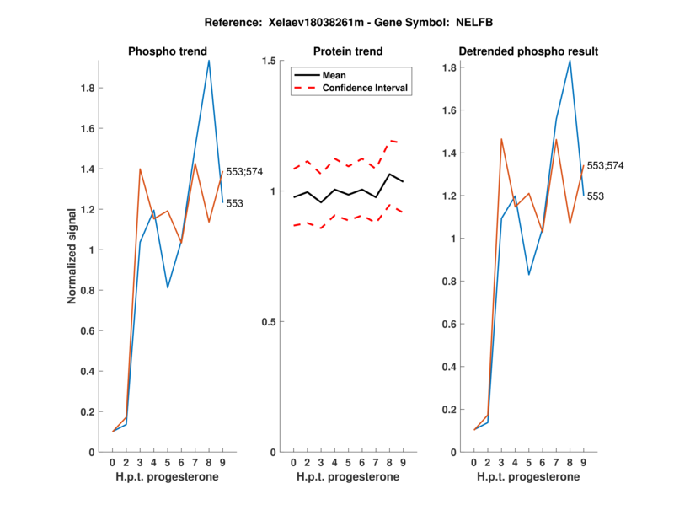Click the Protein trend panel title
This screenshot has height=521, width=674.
click(347, 51)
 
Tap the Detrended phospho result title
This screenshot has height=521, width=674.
click(528, 51)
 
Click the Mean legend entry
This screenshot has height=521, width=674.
click(334, 75)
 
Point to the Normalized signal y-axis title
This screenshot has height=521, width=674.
click(73, 256)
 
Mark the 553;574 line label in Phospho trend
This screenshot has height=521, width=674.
click(245, 171)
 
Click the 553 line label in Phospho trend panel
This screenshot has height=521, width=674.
click(235, 203)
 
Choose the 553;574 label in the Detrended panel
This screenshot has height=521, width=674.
click(605, 165)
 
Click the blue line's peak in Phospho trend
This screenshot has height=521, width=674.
click(209, 60)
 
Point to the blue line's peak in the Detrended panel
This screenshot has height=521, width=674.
click(570, 60)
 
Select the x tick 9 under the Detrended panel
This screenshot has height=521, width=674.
click(584, 463)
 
